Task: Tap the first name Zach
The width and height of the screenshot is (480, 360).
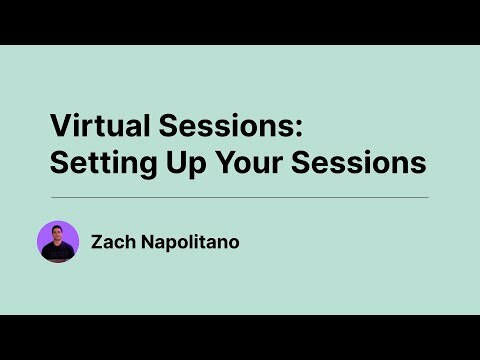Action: point(111,241)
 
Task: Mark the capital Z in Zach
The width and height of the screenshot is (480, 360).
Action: point(96,241)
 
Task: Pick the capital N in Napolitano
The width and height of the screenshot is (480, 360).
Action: point(141,241)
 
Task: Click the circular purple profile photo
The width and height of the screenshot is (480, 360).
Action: point(58,241)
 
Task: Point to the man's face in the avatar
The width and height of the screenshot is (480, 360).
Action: point(58,236)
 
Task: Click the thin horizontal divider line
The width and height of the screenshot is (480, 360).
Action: point(240,197)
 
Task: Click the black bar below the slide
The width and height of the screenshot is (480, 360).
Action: point(240,337)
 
